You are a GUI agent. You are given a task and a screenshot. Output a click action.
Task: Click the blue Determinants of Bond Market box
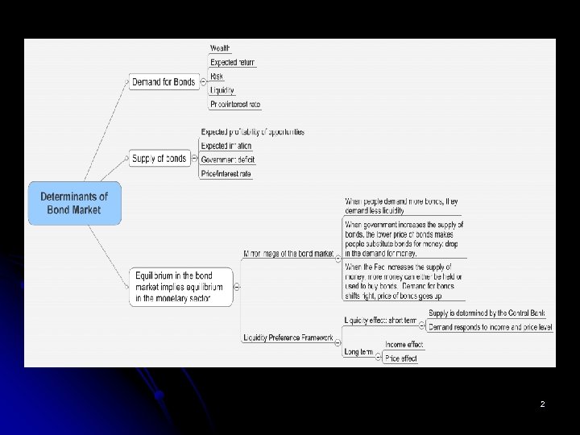click(x=75, y=202)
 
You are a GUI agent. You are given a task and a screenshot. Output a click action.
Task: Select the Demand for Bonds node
click(x=164, y=81)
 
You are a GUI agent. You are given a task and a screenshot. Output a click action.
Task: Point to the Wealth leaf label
click(x=220, y=48)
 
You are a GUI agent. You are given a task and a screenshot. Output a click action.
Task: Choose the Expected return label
click(x=232, y=62)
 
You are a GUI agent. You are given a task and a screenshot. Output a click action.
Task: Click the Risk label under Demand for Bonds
click(x=217, y=77)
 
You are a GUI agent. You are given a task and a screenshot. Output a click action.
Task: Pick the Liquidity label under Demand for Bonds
click(x=222, y=90)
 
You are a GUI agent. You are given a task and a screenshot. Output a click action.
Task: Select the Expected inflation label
click(x=226, y=146)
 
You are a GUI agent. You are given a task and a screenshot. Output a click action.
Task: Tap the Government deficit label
click(x=226, y=159)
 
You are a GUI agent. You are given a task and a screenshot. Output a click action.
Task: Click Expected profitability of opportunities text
click(x=252, y=131)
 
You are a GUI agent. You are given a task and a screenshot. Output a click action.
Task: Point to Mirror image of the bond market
click(x=288, y=254)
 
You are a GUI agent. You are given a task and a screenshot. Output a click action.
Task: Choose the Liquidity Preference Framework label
click(x=288, y=338)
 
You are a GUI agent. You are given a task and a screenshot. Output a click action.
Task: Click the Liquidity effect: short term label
click(x=380, y=321)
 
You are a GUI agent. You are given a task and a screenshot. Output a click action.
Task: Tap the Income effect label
click(x=404, y=345)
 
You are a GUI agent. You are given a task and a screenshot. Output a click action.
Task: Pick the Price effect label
click(x=401, y=358)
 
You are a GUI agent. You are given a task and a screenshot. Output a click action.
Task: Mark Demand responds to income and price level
click(x=490, y=328)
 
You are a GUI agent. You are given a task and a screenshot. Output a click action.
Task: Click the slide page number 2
click(x=542, y=404)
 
